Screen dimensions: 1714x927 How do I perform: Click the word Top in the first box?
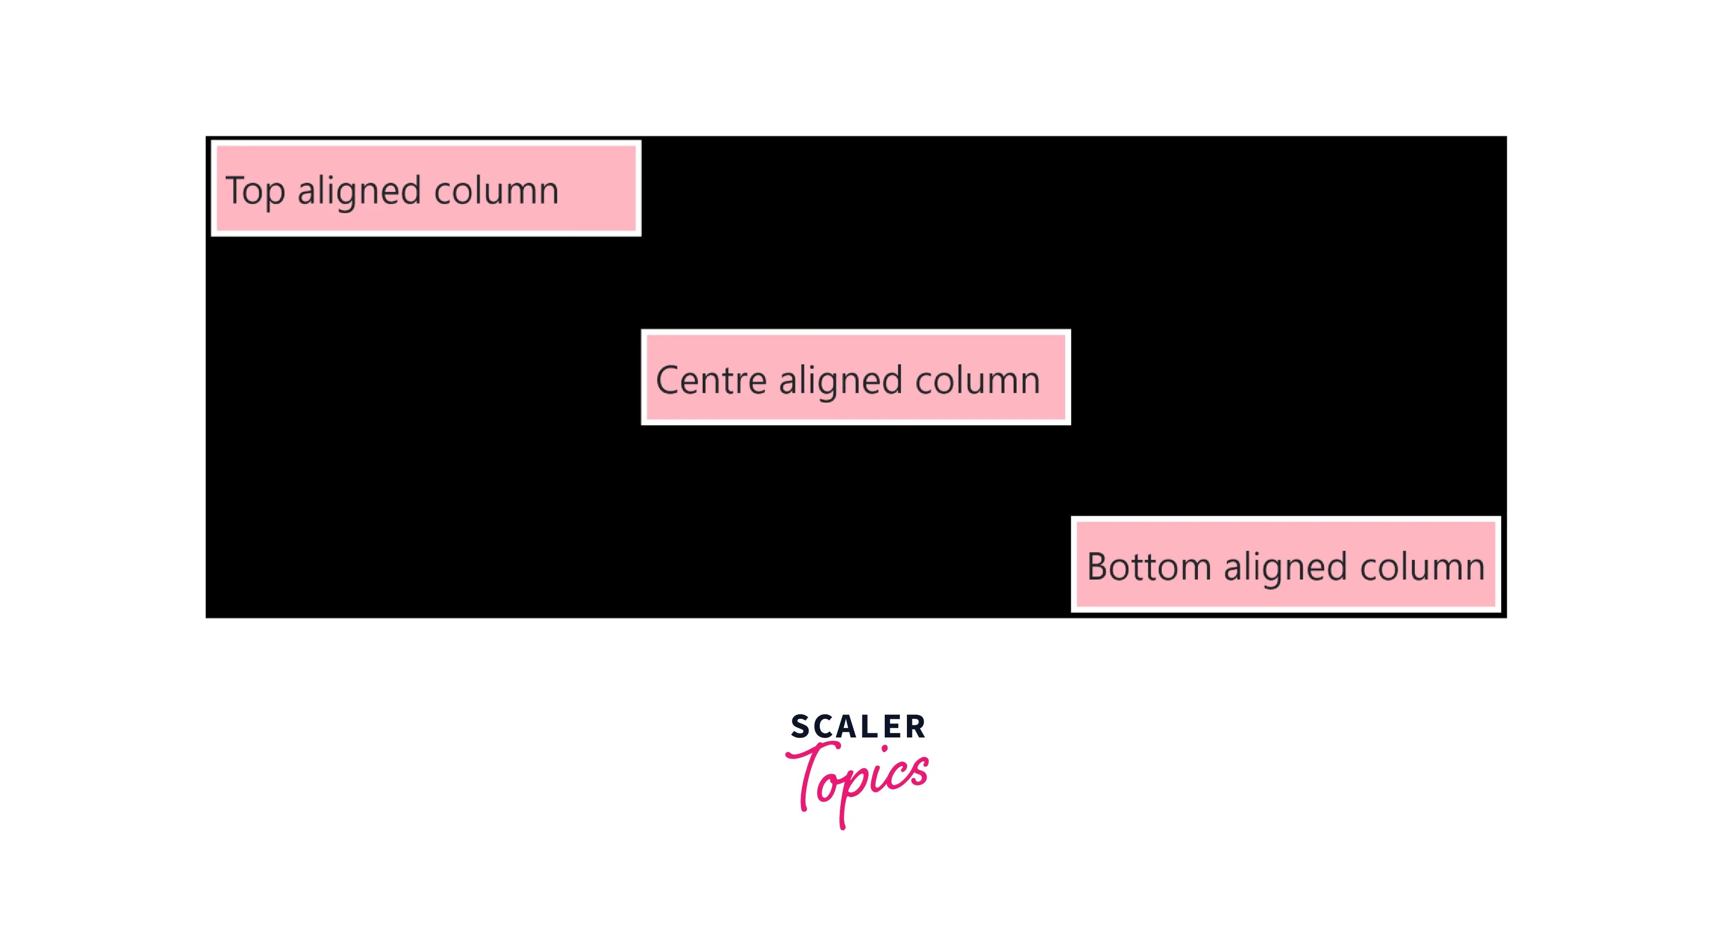[x=255, y=191]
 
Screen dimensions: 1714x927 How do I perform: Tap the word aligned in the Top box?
[x=359, y=191]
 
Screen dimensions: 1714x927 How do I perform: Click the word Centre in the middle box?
[x=711, y=381]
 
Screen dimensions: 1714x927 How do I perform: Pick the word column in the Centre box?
[x=977, y=381]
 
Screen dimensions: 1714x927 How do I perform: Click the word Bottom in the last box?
[x=1148, y=567]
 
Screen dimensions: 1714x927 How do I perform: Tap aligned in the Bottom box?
[x=1285, y=567]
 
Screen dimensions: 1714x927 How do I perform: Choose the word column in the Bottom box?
[x=1422, y=567]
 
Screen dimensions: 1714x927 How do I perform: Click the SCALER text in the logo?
[x=858, y=727]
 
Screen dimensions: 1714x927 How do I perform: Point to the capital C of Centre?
[x=667, y=380]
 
